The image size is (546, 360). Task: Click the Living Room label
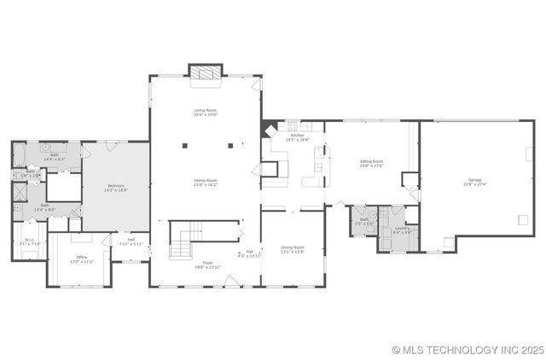click(x=205, y=112)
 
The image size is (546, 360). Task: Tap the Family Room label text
click(x=205, y=182)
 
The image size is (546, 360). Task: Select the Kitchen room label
click(x=297, y=137)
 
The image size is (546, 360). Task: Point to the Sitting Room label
click(x=371, y=163)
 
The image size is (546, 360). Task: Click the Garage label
click(x=474, y=182)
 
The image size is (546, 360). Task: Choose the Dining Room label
click(x=293, y=249)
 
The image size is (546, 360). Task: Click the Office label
click(x=82, y=258)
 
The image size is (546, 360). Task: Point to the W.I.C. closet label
click(x=30, y=243)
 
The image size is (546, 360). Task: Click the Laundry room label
click(x=403, y=229)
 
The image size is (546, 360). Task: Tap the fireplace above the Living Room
click(x=205, y=74)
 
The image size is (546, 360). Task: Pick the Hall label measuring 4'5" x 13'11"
click(x=250, y=253)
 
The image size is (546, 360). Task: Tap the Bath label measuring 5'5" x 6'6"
click(x=364, y=221)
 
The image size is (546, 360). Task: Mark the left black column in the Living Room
click(x=184, y=145)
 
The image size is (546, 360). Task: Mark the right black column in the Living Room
click(x=226, y=145)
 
